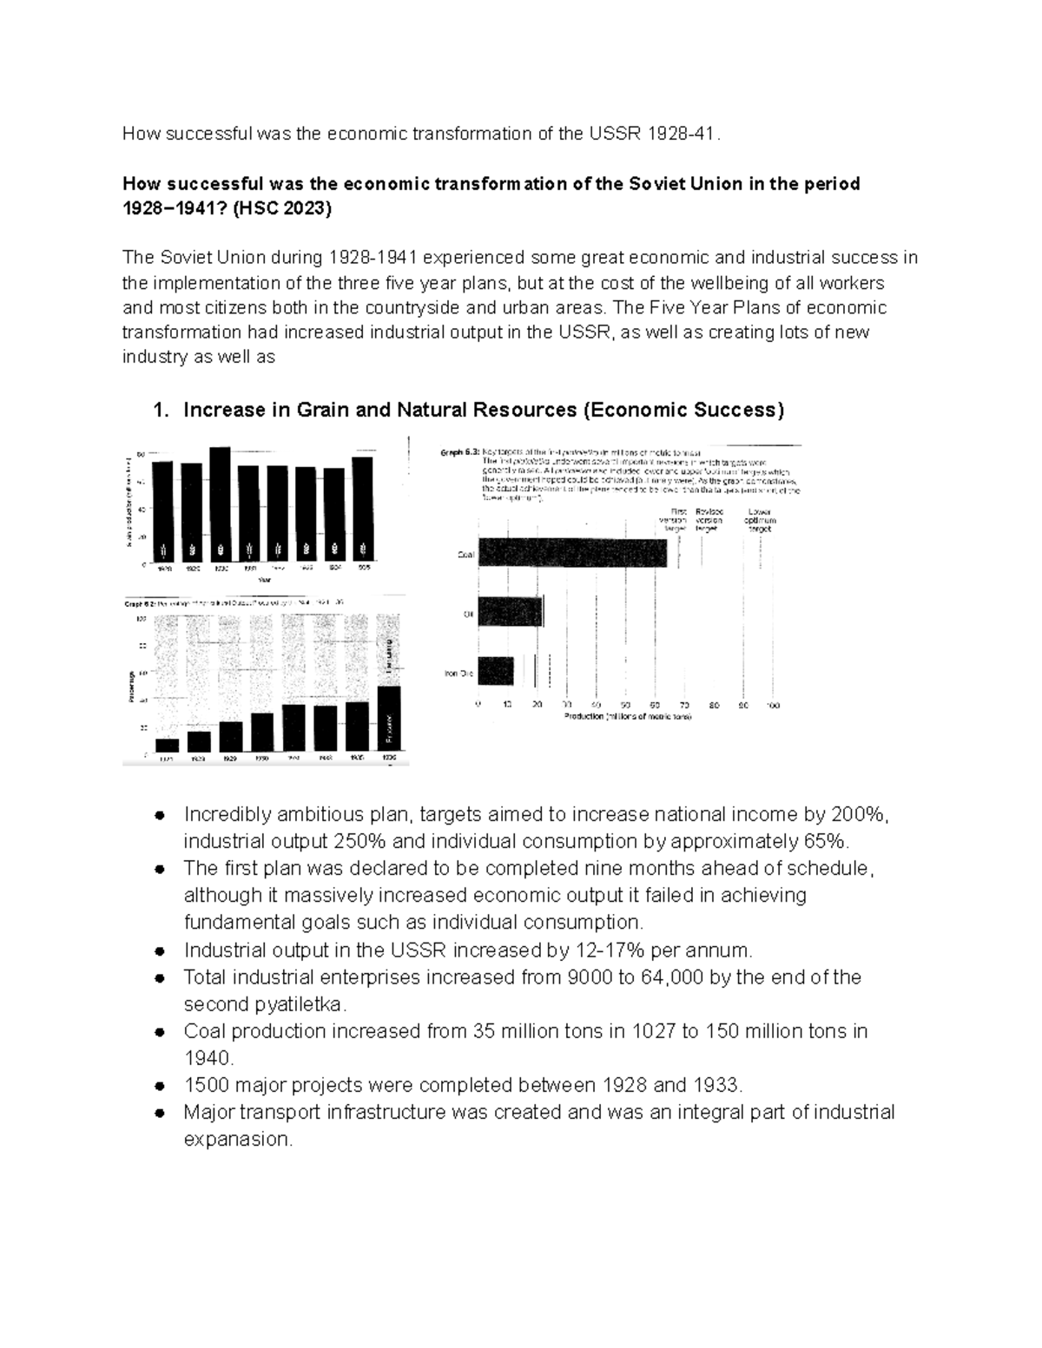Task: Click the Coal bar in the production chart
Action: [x=572, y=553]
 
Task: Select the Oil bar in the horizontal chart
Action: [x=511, y=612]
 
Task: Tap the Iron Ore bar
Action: [x=496, y=671]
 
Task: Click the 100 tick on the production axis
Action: [x=773, y=706]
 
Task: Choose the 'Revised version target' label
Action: [x=709, y=520]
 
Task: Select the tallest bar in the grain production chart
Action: [x=220, y=506]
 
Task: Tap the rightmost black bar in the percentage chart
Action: [x=389, y=717]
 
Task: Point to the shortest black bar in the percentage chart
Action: [x=167, y=745]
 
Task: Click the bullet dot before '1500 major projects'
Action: [x=159, y=1085]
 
